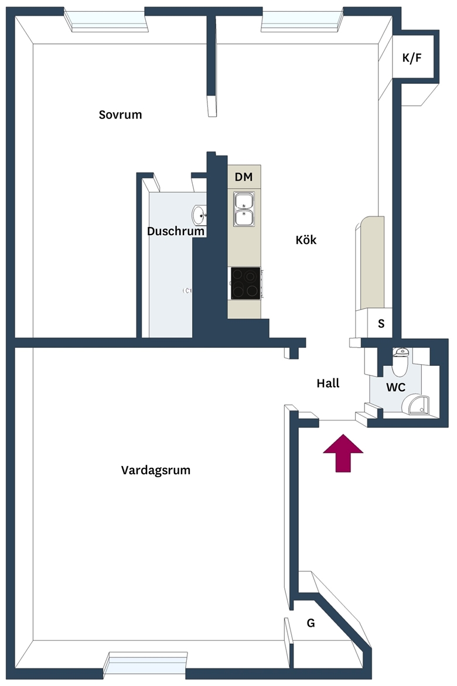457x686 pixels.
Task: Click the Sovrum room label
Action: coord(120,115)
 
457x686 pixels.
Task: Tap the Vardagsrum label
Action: coord(156,471)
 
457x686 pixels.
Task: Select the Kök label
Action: coord(306,240)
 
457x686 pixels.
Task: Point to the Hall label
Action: coord(328,383)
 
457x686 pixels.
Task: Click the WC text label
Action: coord(396,387)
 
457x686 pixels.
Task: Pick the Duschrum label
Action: coord(176,231)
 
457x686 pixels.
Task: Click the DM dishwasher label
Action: coord(244,176)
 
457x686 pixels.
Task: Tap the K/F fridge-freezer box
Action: coord(413,57)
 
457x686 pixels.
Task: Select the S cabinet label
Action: coord(381,324)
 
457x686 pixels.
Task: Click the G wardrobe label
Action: coord(311,623)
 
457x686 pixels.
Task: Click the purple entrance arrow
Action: coord(343,453)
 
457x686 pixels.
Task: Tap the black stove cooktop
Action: coord(245,283)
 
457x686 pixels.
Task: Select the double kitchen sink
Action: coord(244,209)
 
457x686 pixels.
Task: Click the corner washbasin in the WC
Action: coord(418,404)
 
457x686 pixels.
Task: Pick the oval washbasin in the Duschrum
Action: coord(199,215)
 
